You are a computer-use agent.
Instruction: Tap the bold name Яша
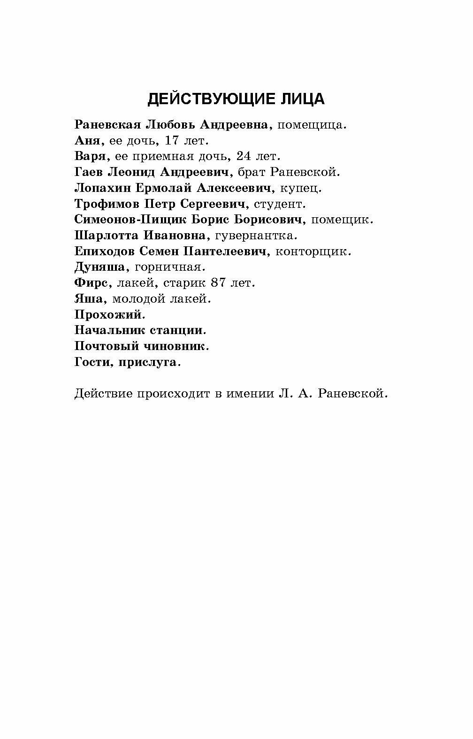click(x=87, y=298)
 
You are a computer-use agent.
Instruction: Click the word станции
click(x=178, y=330)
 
